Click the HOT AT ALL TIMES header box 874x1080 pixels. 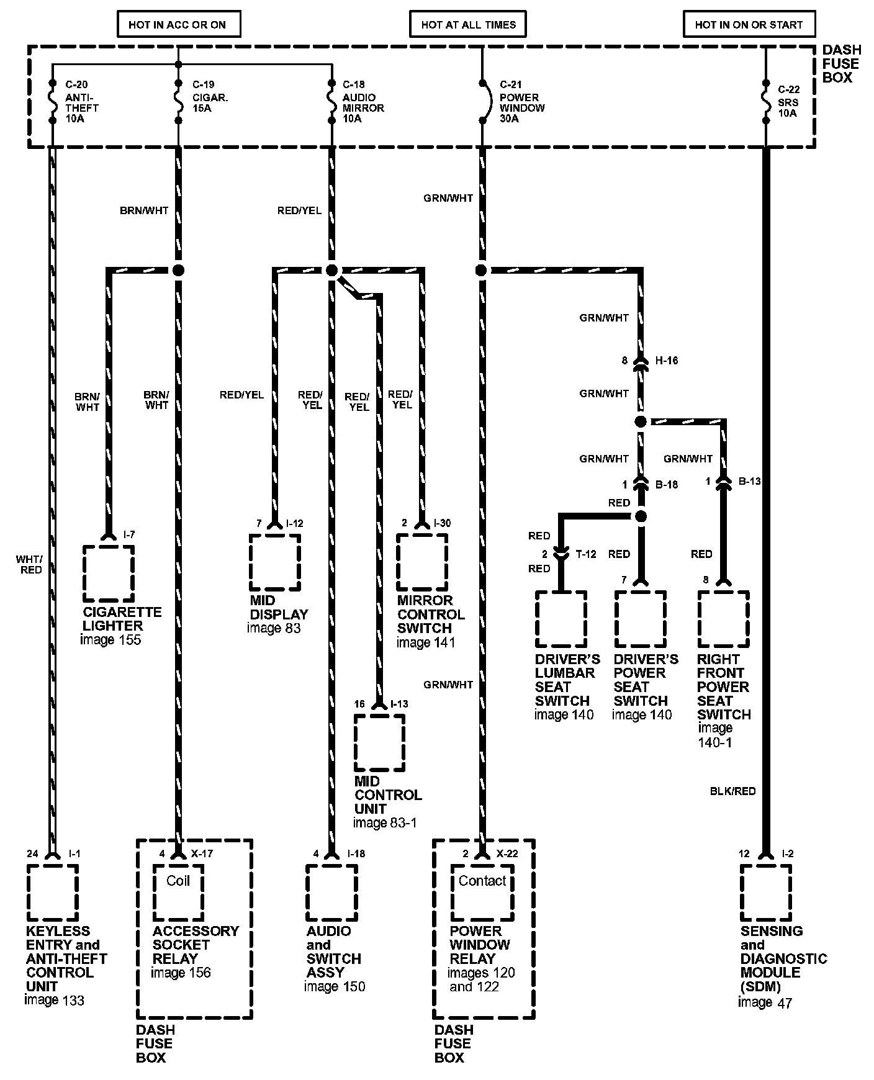tap(468, 25)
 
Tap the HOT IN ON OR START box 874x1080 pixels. tap(748, 25)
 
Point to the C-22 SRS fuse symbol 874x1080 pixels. tap(765, 101)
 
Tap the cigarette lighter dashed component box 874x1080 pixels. tap(109, 572)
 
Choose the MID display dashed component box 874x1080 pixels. tap(275, 562)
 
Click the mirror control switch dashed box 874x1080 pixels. tap(422, 562)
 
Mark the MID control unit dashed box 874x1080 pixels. tap(379, 742)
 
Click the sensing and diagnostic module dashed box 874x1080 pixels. tap(765, 893)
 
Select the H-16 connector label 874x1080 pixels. tap(667, 361)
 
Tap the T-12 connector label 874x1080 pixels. tap(585, 554)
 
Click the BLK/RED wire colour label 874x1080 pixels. tap(732, 791)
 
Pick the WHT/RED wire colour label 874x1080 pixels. tap(29, 565)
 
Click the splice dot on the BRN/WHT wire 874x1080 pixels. tap(178, 270)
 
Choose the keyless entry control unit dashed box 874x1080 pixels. tap(52, 893)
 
